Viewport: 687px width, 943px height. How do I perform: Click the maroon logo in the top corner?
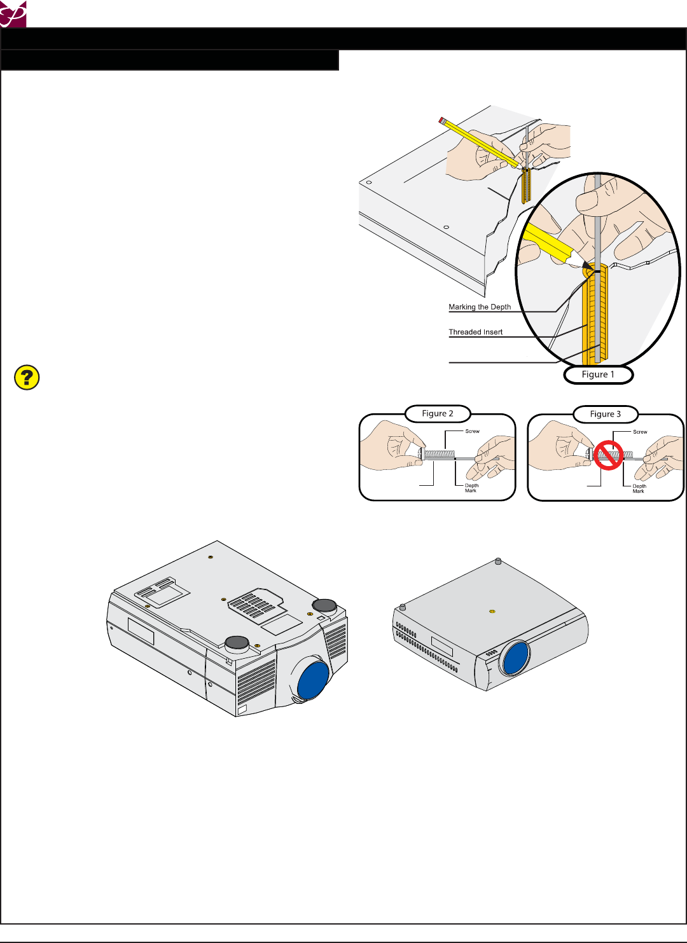(13, 13)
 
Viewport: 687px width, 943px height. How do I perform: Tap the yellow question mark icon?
(27, 378)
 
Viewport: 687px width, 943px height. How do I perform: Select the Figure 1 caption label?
(598, 375)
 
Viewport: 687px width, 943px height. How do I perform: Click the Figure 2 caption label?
(438, 413)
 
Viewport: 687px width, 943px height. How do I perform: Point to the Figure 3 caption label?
(606, 414)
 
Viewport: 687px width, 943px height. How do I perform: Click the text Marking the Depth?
(480, 307)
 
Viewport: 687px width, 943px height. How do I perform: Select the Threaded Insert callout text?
(475, 332)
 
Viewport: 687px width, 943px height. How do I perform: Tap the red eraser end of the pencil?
(441, 120)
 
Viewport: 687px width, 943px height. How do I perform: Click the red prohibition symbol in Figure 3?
(609, 455)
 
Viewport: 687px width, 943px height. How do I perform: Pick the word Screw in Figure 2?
(472, 431)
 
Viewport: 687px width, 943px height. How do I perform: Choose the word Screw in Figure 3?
(640, 432)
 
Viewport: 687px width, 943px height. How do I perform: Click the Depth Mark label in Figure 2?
(471, 488)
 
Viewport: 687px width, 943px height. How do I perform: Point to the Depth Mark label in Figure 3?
(639, 488)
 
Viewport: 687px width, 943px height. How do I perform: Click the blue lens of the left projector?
(313, 680)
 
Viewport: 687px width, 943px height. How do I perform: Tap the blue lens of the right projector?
(516, 657)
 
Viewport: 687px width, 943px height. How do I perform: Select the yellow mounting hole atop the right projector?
(492, 611)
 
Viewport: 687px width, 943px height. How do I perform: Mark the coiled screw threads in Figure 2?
(440, 455)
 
